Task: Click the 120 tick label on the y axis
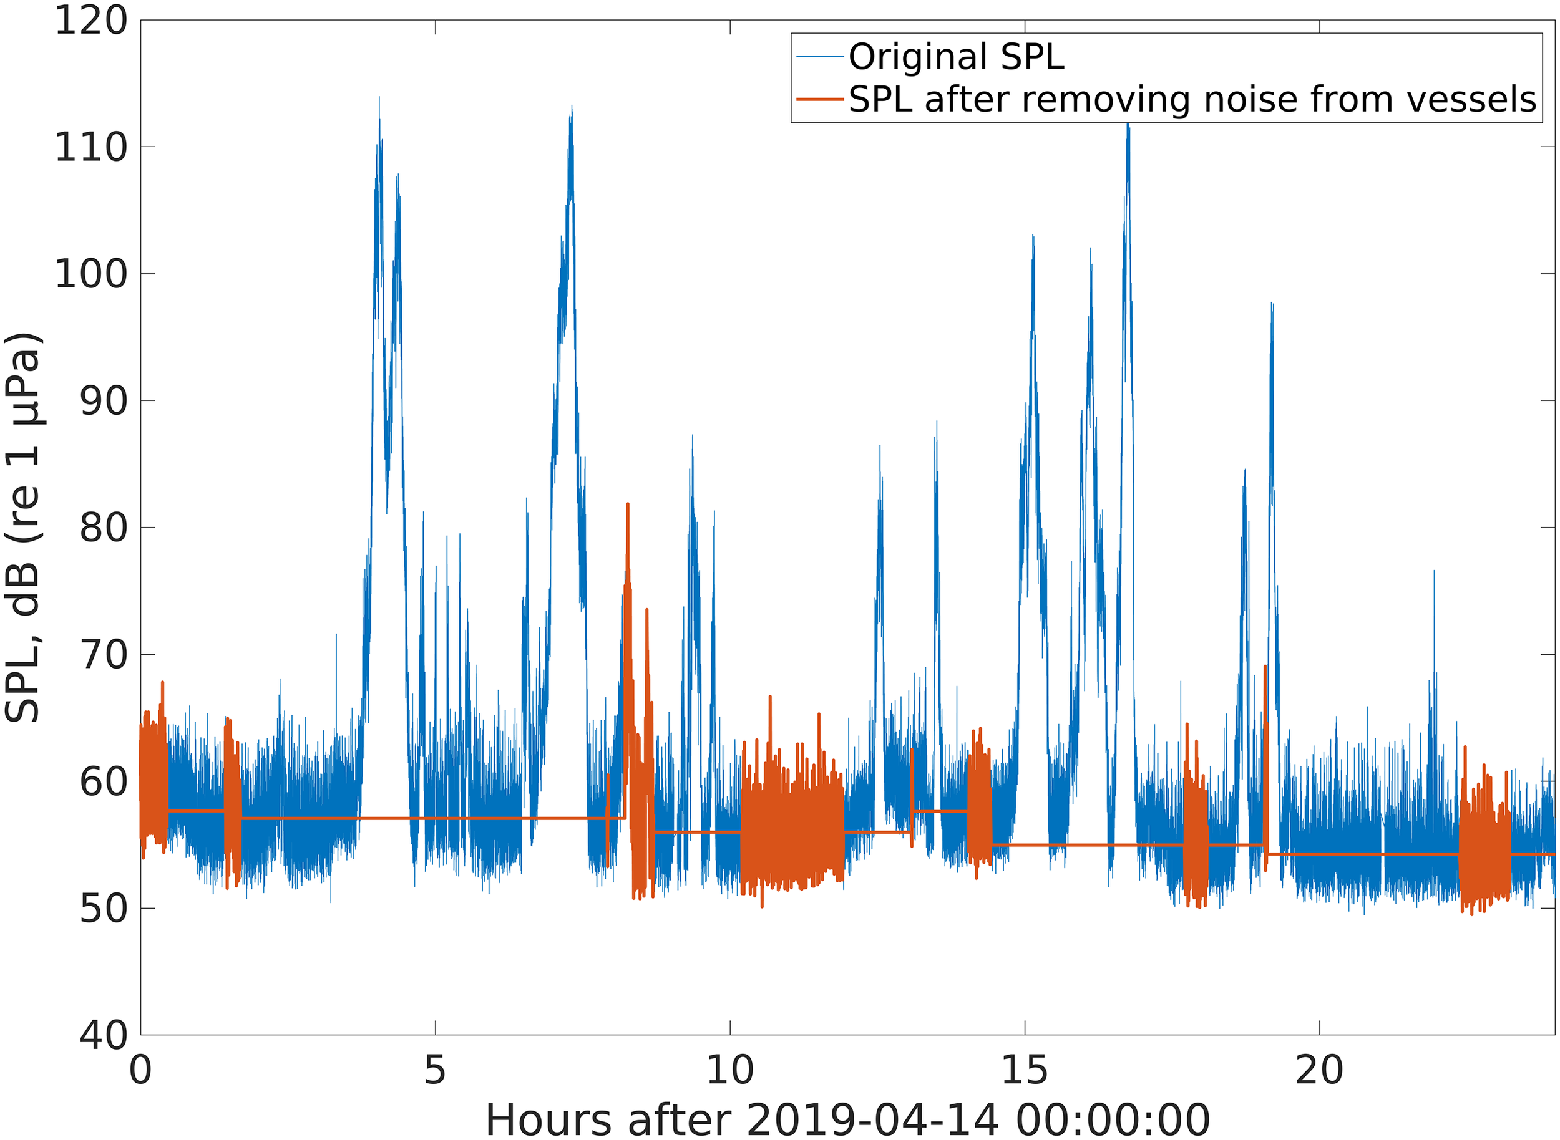point(91,21)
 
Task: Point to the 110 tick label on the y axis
point(91,148)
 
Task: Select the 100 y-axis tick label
point(91,274)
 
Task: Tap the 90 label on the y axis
point(104,402)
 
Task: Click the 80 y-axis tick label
point(104,528)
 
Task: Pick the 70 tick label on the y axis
point(104,655)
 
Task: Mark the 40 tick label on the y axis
point(104,1035)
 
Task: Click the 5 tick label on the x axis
point(435,1070)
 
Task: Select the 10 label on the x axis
point(730,1070)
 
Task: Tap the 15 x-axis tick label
point(1025,1070)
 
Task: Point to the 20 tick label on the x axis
point(1319,1070)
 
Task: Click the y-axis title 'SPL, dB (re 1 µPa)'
point(24,528)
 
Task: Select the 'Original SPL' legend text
point(956,57)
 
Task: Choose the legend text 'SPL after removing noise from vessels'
point(1192,99)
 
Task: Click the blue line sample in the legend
point(821,57)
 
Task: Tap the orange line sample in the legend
point(821,99)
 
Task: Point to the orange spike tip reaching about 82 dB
point(628,505)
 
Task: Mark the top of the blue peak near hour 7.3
point(572,107)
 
